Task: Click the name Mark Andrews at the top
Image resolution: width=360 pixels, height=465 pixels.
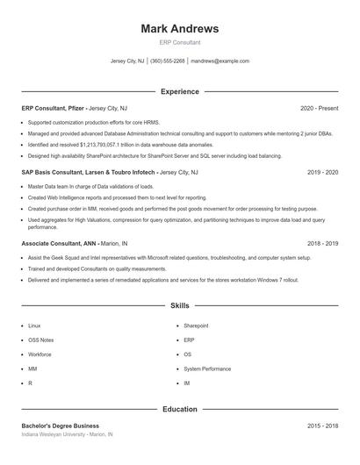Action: coord(180,29)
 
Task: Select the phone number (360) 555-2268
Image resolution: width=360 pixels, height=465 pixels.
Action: coord(168,61)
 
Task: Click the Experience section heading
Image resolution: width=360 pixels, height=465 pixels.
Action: coord(180,91)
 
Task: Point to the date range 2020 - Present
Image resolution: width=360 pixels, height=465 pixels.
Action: coord(319,108)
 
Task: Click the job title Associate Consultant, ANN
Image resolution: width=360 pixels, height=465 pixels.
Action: coord(59,242)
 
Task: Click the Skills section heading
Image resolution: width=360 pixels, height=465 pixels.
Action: coord(180,305)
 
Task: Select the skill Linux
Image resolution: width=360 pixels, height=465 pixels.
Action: coord(34,325)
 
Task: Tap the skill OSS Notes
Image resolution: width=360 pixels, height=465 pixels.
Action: coord(40,340)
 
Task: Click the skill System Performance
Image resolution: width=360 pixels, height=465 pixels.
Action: coord(207,369)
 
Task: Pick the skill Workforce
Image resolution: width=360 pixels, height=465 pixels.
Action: coord(40,354)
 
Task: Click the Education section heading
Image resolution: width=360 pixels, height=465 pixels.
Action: coord(180,409)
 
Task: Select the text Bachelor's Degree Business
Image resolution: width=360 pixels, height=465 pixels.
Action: coord(61,426)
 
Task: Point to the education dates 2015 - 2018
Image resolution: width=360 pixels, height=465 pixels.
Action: coord(322,426)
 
